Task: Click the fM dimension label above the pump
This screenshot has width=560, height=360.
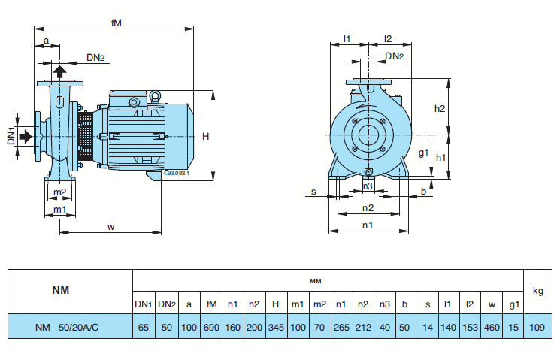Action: (116, 23)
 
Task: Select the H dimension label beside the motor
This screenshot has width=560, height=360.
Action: (206, 136)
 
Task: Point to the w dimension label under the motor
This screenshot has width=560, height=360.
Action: (111, 225)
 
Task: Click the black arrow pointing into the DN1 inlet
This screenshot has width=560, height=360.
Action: (26, 136)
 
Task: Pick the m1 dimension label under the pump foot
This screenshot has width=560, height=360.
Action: (59, 209)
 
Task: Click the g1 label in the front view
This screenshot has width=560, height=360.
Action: (423, 153)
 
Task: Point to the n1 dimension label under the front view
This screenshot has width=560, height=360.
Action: (368, 225)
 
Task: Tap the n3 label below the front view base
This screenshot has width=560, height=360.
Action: (368, 185)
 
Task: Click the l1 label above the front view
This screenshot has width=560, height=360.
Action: (347, 38)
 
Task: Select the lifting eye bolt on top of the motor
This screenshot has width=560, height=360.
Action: (155, 95)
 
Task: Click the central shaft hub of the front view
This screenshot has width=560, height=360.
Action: (368, 135)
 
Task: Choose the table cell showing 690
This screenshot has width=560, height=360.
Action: (211, 327)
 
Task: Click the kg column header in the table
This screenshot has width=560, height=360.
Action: (537, 291)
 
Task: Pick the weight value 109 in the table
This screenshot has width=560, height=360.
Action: (537, 327)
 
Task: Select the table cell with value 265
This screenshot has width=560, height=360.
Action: (341, 327)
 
